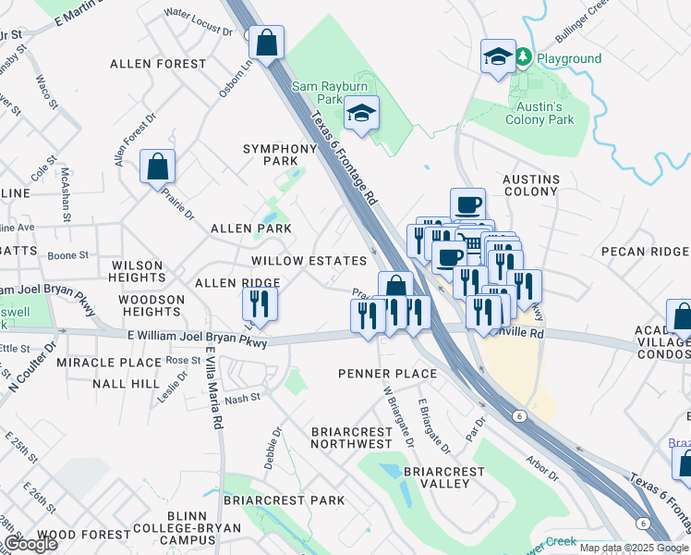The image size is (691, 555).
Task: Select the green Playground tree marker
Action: click(524, 58)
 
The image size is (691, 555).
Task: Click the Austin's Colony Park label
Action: click(539, 113)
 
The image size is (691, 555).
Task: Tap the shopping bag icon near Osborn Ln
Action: click(266, 43)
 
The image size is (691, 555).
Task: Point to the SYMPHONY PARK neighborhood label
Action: click(281, 155)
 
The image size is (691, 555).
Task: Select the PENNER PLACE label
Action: click(386, 374)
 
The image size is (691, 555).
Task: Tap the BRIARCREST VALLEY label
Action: click(443, 478)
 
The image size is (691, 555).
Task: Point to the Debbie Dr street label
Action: click(273, 448)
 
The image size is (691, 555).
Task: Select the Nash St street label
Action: click(242, 398)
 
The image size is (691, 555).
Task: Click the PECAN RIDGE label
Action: click(645, 252)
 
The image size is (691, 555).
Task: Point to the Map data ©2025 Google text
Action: click(634, 548)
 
